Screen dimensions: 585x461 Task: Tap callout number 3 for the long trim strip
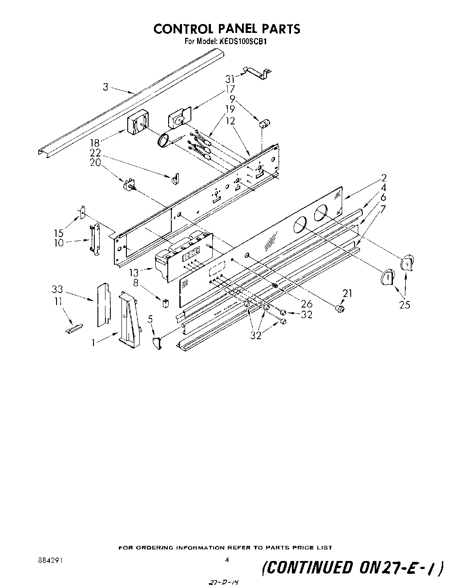click(105, 87)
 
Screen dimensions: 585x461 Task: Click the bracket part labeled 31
click(258, 74)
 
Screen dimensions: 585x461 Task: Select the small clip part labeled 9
click(263, 123)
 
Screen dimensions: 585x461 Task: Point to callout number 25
click(404, 305)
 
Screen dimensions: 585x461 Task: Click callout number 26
click(307, 304)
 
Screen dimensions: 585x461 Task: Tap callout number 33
click(57, 289)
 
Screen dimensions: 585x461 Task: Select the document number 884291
click(50, 561)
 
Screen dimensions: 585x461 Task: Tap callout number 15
click(59, 232)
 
